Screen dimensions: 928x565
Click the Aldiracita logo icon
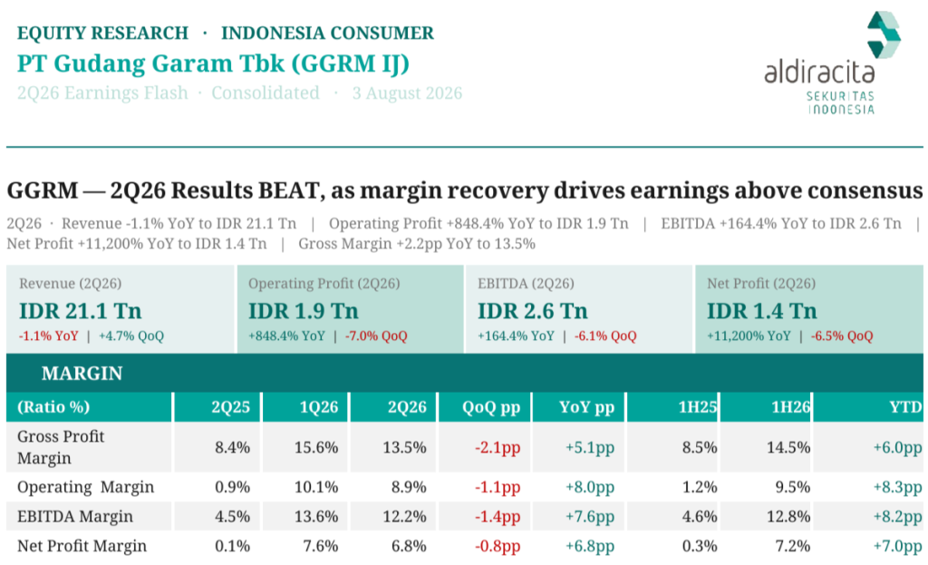[884, 34]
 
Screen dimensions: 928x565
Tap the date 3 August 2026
[407, 93]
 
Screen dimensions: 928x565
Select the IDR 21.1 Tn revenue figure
[81, 311]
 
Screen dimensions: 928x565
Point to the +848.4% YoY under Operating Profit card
[286, 336]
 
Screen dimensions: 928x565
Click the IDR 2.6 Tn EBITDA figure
[533, 311]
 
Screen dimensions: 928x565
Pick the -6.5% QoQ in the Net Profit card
[842, 336]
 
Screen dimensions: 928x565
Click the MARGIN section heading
[82, 374]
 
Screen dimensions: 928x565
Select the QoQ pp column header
[491, 407]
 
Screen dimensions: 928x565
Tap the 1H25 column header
[698, 407]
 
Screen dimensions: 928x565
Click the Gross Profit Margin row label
[61, 447]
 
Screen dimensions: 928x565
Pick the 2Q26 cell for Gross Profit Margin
[404, 447]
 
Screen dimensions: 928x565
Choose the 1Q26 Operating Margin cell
[316, 487]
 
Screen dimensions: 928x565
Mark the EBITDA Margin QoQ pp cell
[498, 516]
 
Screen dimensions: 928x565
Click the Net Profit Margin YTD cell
[897, 546]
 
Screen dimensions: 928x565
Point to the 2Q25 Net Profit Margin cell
[232, 546]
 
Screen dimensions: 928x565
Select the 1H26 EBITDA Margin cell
[788, 516]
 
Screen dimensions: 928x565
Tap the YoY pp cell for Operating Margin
[589, 487]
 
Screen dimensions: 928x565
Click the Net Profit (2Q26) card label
[761, 284]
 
